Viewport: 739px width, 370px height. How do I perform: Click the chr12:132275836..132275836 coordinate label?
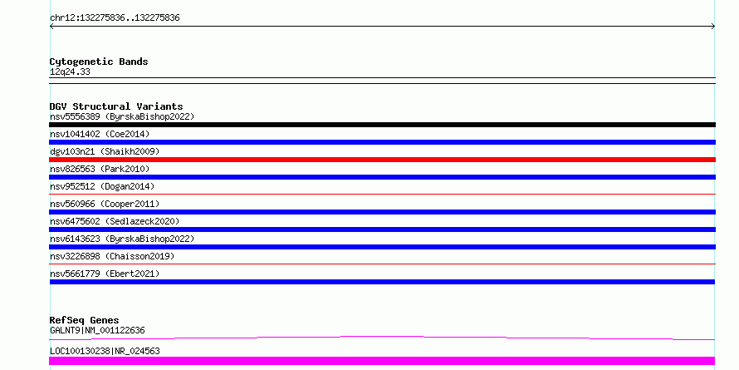tap(115, 18)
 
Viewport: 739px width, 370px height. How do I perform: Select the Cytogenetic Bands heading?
tap(99, 62)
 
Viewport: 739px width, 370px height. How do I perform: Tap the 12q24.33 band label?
tap(70, 72)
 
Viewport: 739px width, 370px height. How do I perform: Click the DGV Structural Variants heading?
tap(116, 106)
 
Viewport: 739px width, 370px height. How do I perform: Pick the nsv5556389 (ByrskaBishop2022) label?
tap(122, 116)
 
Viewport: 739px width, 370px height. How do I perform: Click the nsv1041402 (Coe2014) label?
tap(100, 134)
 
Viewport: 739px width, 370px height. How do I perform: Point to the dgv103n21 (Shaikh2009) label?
tap(105, 151)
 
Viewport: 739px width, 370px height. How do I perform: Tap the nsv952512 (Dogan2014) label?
tap(102, 186)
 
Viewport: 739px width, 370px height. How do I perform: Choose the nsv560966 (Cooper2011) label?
tap(105, 204)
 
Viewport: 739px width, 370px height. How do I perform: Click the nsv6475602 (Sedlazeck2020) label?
tap(115, 221)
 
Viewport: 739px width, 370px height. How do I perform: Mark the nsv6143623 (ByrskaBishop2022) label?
tap(122, 239)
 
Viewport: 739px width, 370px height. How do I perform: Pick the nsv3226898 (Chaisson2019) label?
tap(112, 256)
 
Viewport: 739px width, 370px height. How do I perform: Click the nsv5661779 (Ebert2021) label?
tap(105, 274)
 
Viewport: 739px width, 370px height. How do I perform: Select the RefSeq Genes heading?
tap(85, 320)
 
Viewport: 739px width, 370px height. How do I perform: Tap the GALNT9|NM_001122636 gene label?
tap(97, 330)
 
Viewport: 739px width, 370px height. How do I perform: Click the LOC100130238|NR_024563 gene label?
tap(105, 351)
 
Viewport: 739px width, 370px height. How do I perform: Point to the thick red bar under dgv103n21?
tap(382, 160)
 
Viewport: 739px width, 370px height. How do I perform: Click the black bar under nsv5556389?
tap(382, 125)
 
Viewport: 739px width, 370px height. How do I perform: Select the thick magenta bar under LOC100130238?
tap(382, 361)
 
